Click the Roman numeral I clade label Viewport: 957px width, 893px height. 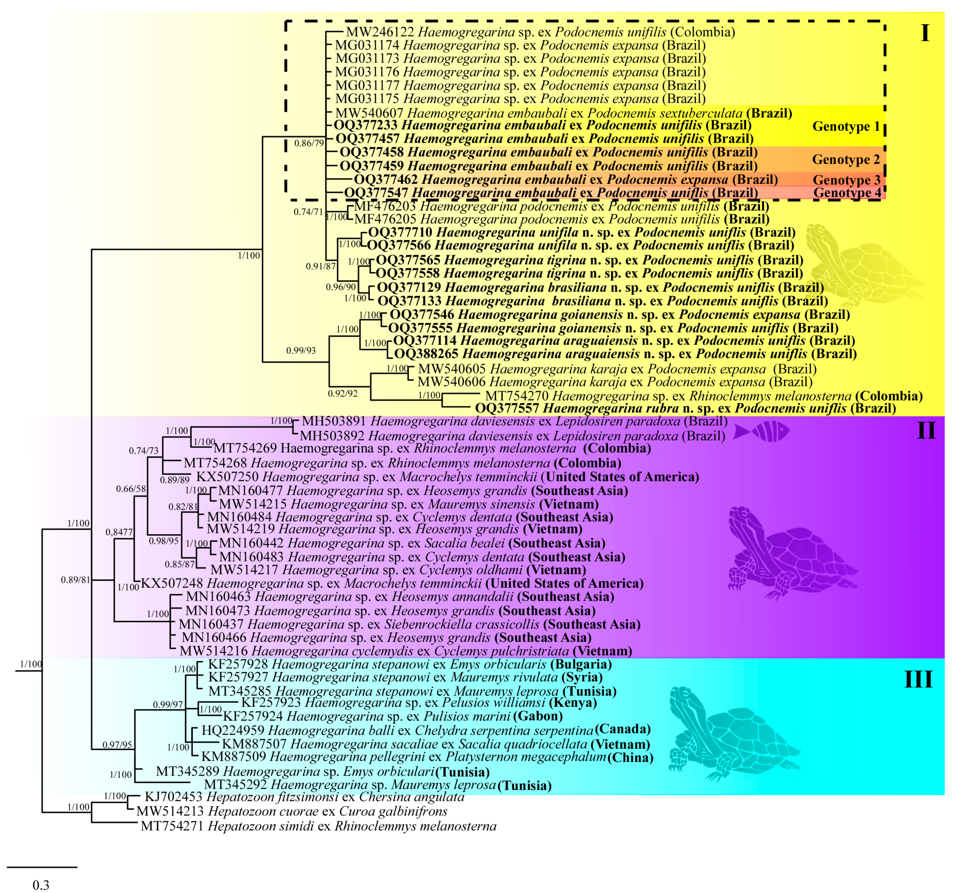[x=924, y=34]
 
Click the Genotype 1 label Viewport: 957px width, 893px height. [x=846, y=126]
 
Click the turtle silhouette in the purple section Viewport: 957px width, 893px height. [x=789, y=554]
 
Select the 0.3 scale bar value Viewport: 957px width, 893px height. [x=41, y=885]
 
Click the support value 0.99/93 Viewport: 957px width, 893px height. [x=301, y=350]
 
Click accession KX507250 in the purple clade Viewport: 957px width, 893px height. [x=227, y=477]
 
